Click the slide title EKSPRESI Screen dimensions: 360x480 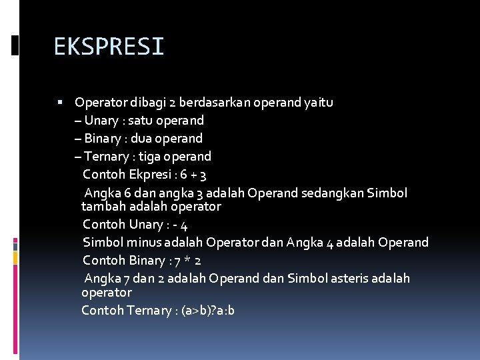pos(109,47)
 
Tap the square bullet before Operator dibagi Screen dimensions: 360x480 pos(60,103)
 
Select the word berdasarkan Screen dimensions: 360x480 pos(217,103)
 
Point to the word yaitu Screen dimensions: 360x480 pos(319,103)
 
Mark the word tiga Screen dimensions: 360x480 pos(152,157)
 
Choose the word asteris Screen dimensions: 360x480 pos(311,279)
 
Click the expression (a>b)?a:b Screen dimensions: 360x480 pos(208,311)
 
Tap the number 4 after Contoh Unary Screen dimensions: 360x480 pos(184,225)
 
